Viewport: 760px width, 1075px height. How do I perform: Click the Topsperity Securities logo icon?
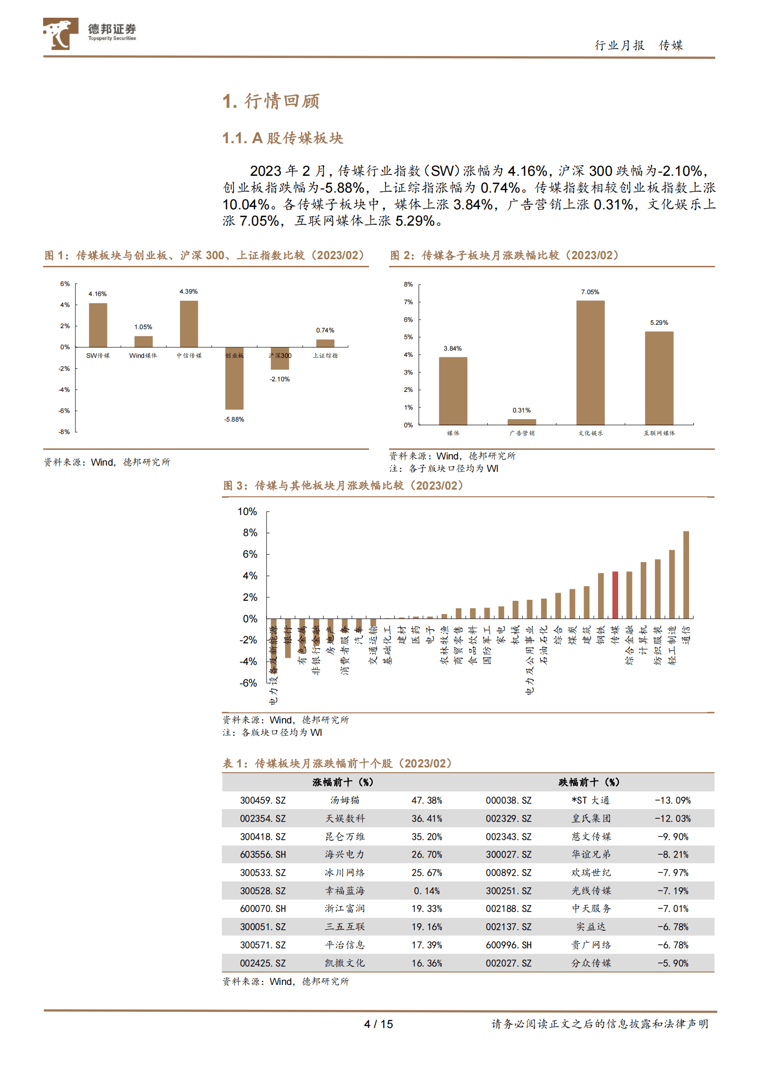(60, 34)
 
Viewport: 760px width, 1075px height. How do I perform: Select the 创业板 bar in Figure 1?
(234, 378)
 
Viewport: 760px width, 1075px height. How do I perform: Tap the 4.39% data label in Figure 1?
(188, 291)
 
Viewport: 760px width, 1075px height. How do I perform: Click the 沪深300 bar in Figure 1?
(280, 358)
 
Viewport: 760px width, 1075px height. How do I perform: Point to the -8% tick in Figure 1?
(64, 432)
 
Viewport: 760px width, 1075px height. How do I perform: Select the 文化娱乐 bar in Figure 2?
(590, 363)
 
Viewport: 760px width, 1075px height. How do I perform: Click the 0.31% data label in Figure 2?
(521, 410)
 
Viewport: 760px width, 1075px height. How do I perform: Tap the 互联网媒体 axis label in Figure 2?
(659, 433)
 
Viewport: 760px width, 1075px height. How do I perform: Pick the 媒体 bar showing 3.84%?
(453, 391)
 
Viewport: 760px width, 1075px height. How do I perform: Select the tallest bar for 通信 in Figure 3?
(686, 574)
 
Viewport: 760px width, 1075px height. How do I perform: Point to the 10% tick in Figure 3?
(247, 512)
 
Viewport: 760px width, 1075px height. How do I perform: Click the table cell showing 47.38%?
(426, 801)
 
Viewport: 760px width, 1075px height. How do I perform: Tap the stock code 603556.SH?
(263, 855)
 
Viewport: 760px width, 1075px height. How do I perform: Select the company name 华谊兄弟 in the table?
(591, 855)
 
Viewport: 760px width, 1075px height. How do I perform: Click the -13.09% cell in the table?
(673, 801)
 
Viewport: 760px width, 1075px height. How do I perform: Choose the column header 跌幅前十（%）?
(589, 782)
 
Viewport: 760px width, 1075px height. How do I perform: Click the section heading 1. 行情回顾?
(271, 101)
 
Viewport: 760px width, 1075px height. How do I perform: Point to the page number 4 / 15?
(378, 1024)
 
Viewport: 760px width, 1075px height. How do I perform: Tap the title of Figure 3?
(343, 486)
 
